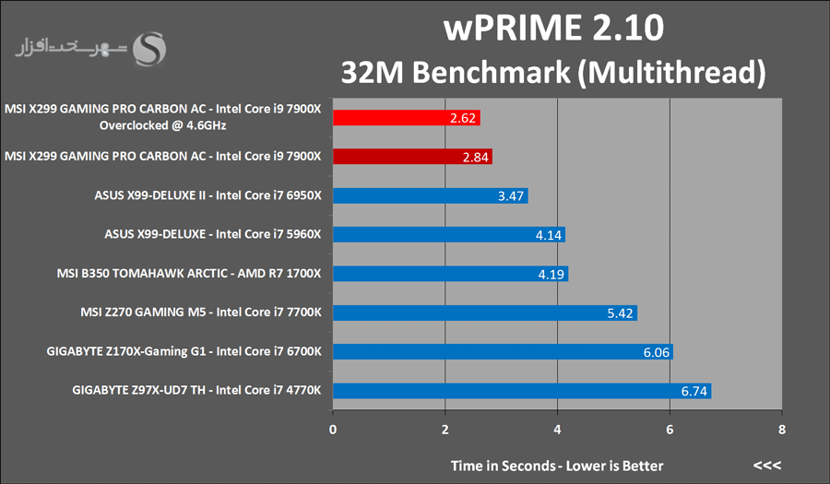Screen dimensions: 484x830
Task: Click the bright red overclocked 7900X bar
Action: click(x=406, y=118)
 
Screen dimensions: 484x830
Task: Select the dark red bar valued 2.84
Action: click(x=411, y=157)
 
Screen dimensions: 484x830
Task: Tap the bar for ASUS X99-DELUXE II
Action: click(x=430, y=195)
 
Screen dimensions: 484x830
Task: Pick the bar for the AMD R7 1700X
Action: click(x=450, y=273)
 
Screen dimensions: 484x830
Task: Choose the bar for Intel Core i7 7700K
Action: click(x=484, y=313)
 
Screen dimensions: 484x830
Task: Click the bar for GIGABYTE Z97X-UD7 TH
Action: click(x=521, y=391)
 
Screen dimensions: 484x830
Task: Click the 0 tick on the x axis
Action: click(x=333, y=431)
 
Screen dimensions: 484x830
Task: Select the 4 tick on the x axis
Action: click(x=557, y=431)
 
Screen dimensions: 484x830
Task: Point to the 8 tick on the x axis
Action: click(x=782, y=431)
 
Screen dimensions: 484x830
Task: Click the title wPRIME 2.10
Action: click(x=552, y=29)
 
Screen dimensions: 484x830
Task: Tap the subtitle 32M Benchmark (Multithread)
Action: click(x=553, y=71)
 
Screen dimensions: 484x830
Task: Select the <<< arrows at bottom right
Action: click(x=767, y=465)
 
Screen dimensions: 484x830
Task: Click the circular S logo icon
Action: click(x=149, y=50)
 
